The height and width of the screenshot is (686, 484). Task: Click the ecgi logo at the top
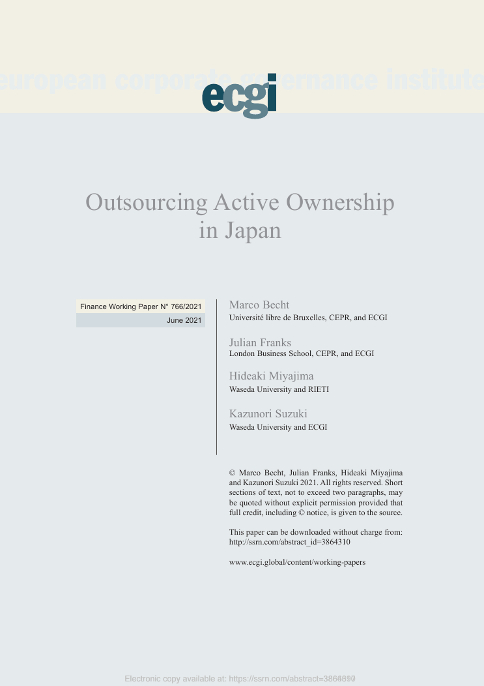[x=239, y=97]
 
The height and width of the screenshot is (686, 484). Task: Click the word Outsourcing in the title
[x=146, y=203]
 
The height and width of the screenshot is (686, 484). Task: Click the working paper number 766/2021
[x=186, y=306]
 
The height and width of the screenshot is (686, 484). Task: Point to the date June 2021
[x=184, y=321]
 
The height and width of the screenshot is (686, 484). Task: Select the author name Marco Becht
[x=259, y=305]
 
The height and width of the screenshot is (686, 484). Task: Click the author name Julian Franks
[x=260, y=343]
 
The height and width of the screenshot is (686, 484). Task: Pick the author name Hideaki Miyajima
[x=271, y=376]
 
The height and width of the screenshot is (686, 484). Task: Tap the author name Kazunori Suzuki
[x=268, y=414]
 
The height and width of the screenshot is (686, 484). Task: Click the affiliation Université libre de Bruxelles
[x=277, y=318]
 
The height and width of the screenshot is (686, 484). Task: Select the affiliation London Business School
[x=270, y=353]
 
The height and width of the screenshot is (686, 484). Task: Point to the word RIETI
[x=319, y=389]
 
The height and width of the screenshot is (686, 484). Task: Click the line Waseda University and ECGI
[x=278, y=427]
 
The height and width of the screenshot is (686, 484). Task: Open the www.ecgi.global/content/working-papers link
[x=297, y=562]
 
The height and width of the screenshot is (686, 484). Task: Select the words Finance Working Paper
[x=119, y=306]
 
